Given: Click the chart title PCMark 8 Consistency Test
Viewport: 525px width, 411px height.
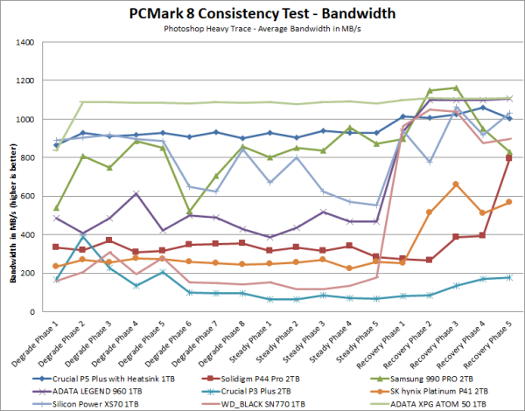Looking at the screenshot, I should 262,13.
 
